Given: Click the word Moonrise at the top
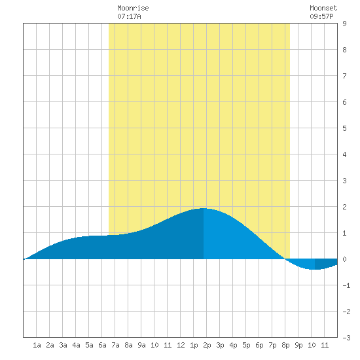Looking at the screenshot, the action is [133, 8].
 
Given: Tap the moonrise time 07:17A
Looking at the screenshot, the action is [129, 16].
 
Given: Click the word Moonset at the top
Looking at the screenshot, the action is [323, 8].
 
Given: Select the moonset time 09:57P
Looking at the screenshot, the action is [321, 16].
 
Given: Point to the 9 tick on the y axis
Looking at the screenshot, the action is [344, 24].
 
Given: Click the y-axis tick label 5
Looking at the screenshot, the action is [344, 128].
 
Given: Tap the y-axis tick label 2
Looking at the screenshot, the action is [344, 207].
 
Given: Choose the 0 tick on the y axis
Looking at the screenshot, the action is [344, 259].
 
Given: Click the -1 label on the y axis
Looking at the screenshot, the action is [346, 285].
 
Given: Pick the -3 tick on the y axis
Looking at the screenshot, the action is [346, 338].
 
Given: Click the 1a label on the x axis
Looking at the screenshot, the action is [37, 345].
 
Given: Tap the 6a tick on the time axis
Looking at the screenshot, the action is [102, 345].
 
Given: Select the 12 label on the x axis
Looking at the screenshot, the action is [181, 345].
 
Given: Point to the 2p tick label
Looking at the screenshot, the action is [207, 345].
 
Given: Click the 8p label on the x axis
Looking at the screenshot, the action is [285, 345].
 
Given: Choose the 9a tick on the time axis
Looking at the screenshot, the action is [141, 345].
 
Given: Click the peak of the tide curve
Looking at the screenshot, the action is [204, 208].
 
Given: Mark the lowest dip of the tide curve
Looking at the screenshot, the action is [315, 269].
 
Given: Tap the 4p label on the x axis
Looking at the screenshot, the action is [233, 345].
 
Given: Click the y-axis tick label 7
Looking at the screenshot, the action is [344, 76].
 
